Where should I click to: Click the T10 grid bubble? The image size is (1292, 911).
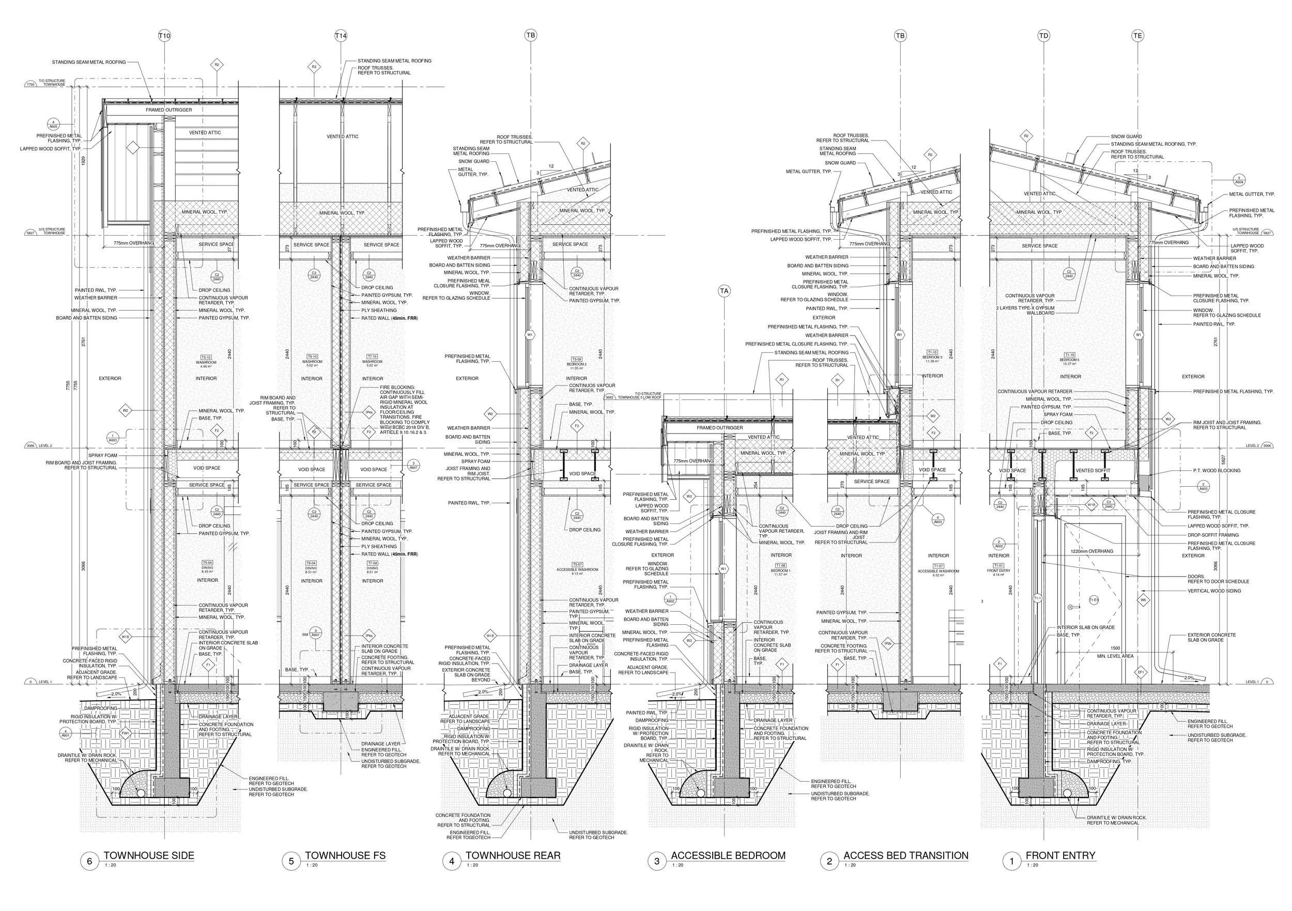pos(164,36)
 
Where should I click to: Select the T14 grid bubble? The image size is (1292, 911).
pos(341,36)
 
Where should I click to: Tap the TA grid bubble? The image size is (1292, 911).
pos(724,291)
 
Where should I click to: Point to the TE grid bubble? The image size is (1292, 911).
pos(1137,36)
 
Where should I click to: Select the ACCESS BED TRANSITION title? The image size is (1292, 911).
pos(905,856)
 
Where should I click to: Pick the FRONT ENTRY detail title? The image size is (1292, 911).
pos(1060,856)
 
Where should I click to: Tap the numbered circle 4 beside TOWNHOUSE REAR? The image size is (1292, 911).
pos(451,861)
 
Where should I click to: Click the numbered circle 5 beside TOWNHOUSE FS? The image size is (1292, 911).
pos(291,861)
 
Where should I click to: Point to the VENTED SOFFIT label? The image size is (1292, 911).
pos(1093,470)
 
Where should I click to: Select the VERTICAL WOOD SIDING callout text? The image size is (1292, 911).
pos(1214,591)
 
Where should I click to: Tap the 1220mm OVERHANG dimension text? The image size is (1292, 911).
pos(1091,551)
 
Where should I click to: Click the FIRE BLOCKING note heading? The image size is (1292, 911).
pos(397,387)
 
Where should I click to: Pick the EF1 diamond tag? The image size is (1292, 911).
pos(1141,672)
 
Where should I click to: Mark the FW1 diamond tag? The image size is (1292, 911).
pos(126,734)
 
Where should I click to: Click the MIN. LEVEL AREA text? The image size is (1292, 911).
pos(1115,656)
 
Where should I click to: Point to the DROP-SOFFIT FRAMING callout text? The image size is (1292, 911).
pos(1213,535)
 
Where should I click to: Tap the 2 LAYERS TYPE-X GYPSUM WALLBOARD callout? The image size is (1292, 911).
pos(1025,311)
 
